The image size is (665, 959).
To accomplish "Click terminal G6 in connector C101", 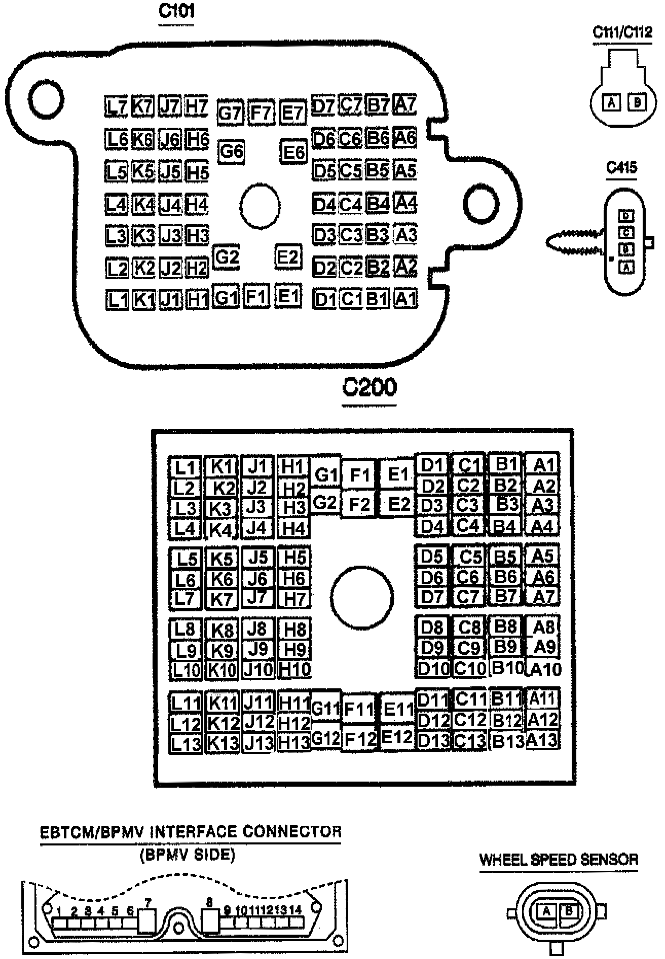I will (231, 152).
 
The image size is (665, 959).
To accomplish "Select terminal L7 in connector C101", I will (117, 107).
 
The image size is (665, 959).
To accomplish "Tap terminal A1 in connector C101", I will (405, 299).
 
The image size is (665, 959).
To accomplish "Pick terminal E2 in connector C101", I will (288, 257).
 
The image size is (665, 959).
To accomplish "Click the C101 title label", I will (176, 11).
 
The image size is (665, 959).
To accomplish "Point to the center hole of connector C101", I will (260, 206).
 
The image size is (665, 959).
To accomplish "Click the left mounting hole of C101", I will (46, 98).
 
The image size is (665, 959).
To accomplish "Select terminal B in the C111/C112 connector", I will (637, 103).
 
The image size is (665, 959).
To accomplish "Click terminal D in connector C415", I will (627, 216).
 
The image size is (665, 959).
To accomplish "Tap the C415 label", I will (621, 168).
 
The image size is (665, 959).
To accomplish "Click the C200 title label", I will (370, 388).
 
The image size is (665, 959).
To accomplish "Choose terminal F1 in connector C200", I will (359, 475).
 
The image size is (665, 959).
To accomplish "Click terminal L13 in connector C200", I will (186, 744).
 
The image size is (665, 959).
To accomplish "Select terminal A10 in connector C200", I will (544, 670).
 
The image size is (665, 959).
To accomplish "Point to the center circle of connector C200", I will (362, 597).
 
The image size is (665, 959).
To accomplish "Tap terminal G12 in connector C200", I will (325, 739).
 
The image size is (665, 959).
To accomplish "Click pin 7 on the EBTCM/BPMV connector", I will (147, 921).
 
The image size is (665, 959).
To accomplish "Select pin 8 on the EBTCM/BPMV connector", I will (210, 921).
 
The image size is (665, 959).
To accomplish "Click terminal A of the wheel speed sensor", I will (546, 911).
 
